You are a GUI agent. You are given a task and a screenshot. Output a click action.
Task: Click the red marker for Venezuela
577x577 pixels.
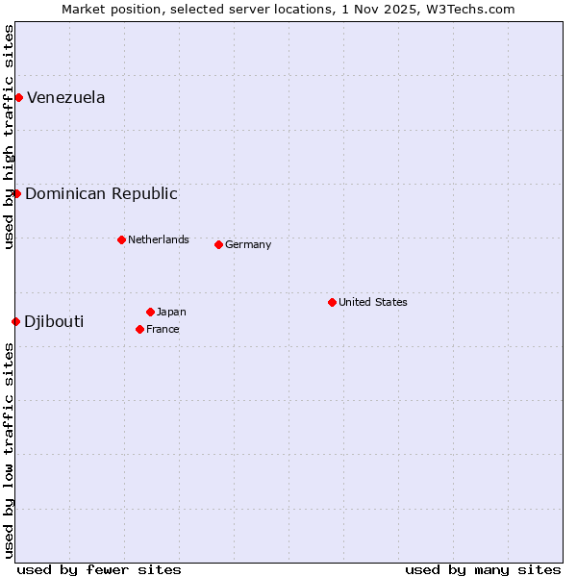[x=18, y=97]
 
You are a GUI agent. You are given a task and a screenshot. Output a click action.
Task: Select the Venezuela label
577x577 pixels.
[x=65, y=97]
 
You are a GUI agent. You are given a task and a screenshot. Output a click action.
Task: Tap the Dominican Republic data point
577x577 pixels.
[x=16, y=193]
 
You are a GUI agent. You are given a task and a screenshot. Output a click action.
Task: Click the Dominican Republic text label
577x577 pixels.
[x=101, y=193]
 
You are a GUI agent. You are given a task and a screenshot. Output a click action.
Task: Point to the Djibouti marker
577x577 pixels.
[x=15, y=321]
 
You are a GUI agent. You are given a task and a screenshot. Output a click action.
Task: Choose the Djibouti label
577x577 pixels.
[x=54, y=321]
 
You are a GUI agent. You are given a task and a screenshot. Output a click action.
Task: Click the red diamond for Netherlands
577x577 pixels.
[x=121, y=239]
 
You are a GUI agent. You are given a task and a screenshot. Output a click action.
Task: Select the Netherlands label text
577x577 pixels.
[x=159, y=239]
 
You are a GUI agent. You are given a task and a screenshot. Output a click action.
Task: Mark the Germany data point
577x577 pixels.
[x=218, y=244]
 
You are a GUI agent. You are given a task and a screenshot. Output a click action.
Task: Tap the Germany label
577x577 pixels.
[x=248, y=244]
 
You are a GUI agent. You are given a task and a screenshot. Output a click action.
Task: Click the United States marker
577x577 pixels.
[x=332, y=302]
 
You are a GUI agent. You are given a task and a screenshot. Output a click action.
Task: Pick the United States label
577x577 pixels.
[x=373, y=302]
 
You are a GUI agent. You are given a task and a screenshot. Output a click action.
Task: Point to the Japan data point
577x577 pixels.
[x=150, y=312]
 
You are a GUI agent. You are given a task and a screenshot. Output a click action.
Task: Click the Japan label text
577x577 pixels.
[x=171, y=312]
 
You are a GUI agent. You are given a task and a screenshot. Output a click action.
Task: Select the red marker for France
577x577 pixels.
[x=139, y=329]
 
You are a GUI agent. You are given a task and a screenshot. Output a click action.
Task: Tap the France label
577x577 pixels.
[x=163, y=329]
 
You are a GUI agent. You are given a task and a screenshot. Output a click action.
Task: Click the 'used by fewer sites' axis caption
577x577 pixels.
[x=99, y=569]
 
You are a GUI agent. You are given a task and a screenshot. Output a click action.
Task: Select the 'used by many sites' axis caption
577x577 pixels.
[x=483, y=569]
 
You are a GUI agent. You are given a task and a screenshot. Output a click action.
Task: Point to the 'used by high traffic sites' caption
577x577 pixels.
[x=9, y=137]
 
